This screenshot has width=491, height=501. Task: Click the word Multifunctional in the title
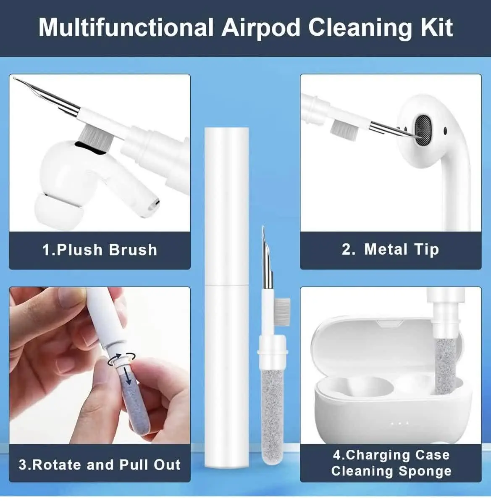[126, 27]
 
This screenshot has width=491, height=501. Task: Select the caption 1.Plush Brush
[100, 250]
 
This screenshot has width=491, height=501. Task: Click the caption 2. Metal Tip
[391, 250]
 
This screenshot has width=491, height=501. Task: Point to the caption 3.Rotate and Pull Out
[100, 464]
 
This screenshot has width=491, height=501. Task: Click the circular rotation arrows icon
[122, 359]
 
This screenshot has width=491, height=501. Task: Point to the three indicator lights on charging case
[400, 423]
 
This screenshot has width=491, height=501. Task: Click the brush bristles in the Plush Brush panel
[95, 136]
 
